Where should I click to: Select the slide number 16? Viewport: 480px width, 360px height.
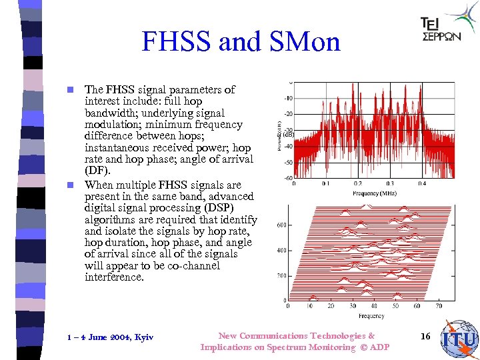tap(425, 337)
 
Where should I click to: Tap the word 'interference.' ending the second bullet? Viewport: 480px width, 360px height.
tap(114, 277)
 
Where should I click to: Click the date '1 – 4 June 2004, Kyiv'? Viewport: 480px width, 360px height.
tap(110, 337)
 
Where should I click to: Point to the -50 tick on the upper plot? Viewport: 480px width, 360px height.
tap(288, 163)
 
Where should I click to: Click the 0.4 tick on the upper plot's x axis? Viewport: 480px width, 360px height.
tap(422, 184)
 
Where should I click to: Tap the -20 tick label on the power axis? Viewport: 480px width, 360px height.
tap(288, 114)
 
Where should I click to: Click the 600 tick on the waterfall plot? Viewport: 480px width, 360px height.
tap(281, 225)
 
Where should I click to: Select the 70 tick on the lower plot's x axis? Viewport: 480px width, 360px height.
tap(438, 306)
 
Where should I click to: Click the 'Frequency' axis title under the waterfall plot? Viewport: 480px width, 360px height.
tap(371, 316)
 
